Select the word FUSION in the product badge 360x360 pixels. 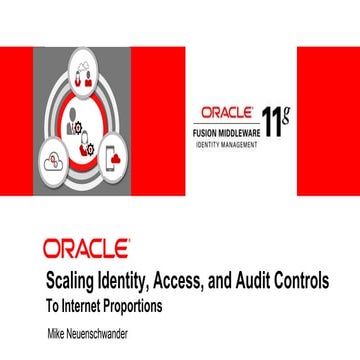[x=207, y=130]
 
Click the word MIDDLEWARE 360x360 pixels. [x=239, y=130]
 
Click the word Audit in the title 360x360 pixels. [x=254, y=281]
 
